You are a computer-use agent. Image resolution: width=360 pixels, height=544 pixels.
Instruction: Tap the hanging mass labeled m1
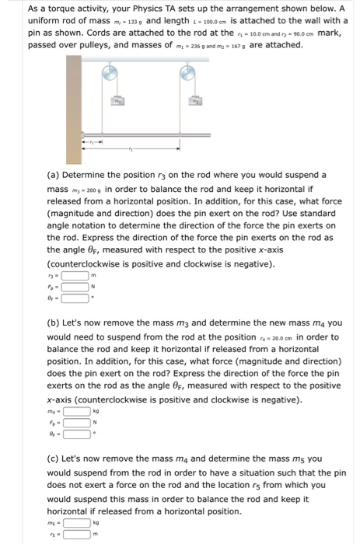pos(118,101)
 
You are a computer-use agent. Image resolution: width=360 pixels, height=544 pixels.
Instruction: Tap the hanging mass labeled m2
pos(198,101)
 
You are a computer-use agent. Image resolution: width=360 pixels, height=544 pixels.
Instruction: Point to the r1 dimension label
pos(91,143)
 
